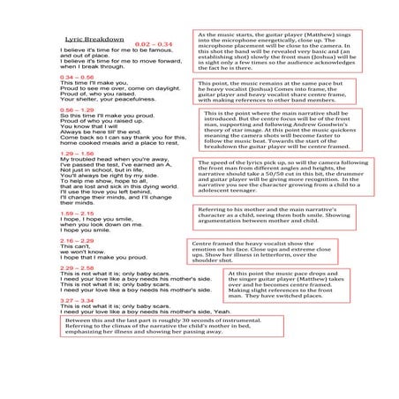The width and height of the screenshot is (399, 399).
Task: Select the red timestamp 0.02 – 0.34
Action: tap(153, 44)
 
